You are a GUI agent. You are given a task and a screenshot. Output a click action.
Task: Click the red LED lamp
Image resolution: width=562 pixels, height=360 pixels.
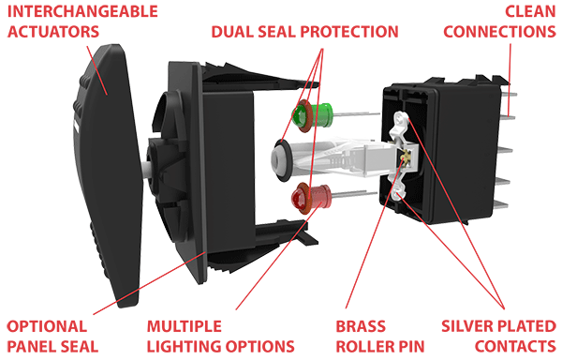[304, 197]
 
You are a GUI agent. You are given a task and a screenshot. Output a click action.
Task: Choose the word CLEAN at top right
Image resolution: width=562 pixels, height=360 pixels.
[530, 12]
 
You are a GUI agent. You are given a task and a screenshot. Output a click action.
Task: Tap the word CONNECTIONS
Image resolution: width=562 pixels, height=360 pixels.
[498, 32]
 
